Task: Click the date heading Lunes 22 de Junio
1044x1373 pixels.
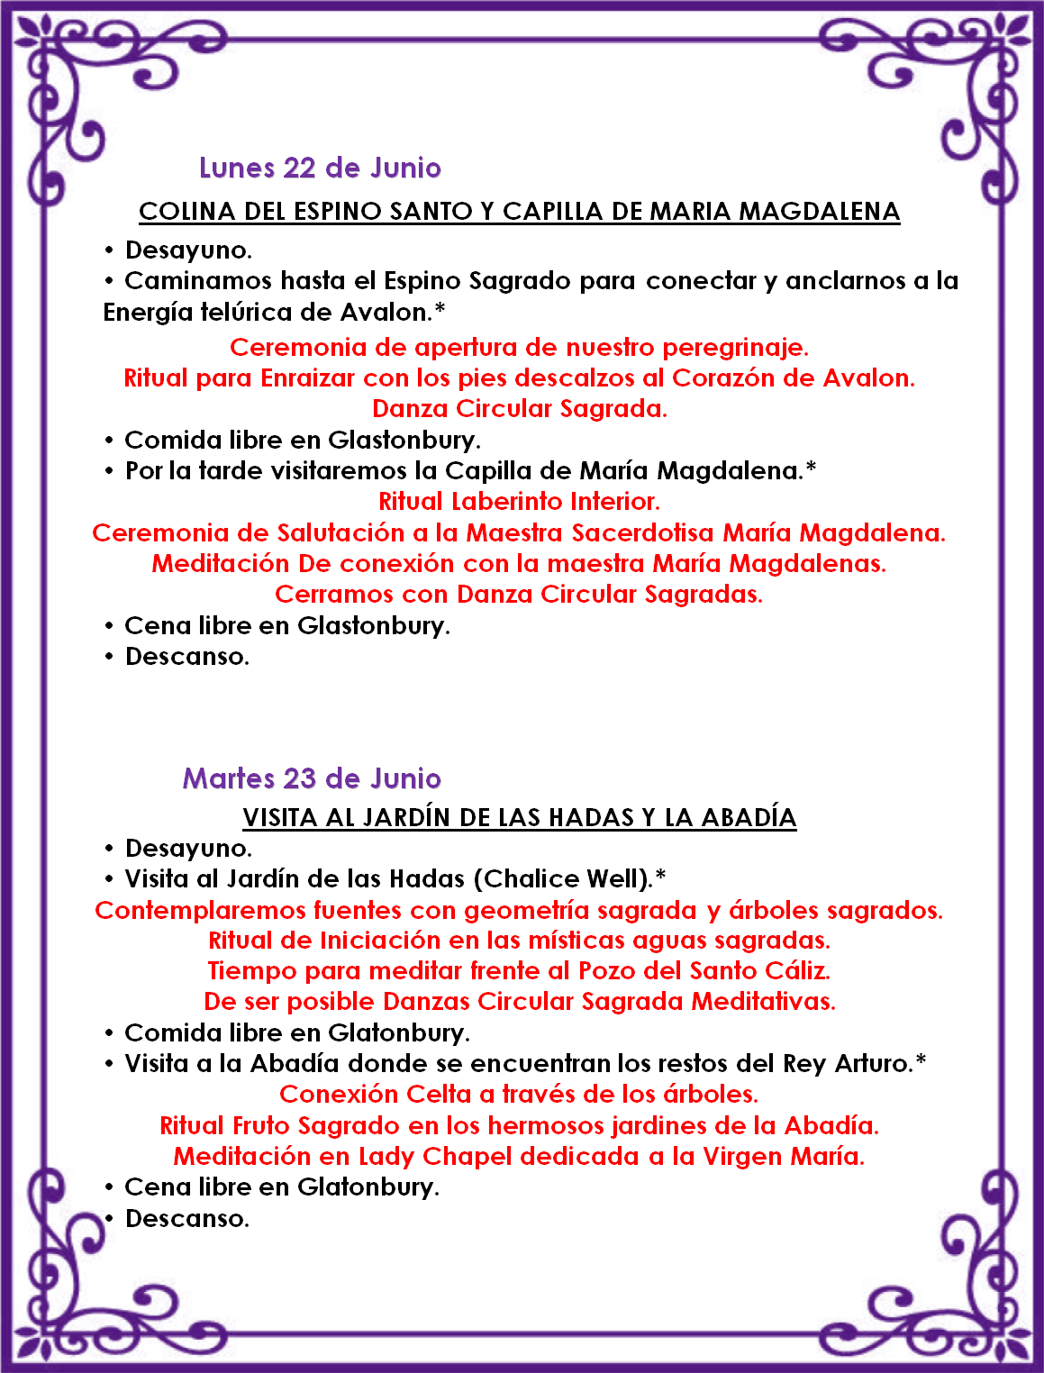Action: pos(320,168)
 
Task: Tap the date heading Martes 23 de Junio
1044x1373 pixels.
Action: pos(312,778)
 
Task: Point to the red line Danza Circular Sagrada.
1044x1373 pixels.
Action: pos(520,409)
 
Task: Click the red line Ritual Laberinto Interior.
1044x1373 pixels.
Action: pos(519,502)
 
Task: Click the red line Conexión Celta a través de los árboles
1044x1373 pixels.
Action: pos(519,1095)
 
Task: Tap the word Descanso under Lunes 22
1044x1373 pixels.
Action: pos(186,657)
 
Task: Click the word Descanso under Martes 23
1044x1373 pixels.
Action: pos(186,1219)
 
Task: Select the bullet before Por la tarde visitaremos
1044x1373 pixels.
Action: pos(109,471)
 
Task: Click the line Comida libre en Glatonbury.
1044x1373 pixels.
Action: pos(297,1033)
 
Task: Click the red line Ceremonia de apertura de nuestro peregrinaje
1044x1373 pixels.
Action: pos(519,348)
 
